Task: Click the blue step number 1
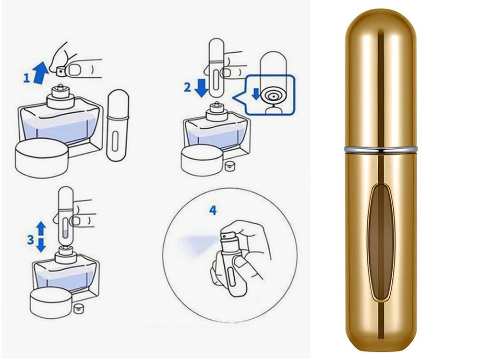coord(26,78)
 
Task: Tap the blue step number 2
coord(187,87)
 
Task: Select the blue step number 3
coord(30,240)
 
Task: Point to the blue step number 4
coord(213,210)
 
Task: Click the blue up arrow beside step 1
coord(41,72)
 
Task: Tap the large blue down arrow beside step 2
coord(202,88)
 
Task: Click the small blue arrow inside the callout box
coord(256,94)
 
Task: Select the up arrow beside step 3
coord(41,228)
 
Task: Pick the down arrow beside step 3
coord(41,245)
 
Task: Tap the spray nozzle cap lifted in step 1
coord(62,72)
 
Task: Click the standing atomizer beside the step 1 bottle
coord(118,125)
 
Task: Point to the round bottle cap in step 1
coord(41,158)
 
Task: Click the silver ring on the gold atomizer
coord(381,149)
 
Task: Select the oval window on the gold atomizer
coord(381,242)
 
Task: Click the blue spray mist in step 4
coord(199,244)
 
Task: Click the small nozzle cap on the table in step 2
coord(228,166)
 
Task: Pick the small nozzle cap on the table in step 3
coord(78,309)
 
